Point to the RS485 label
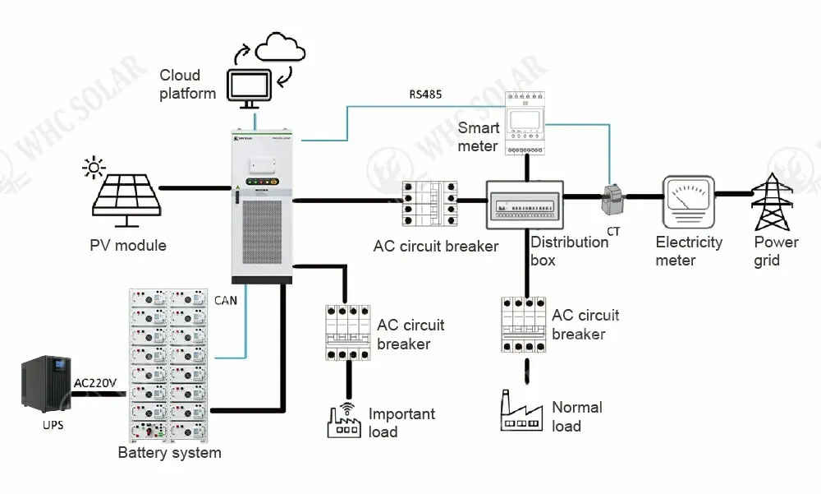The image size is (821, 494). point(425,95)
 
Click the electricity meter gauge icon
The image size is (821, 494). point(688,202)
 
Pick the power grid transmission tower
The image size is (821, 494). point(771,202)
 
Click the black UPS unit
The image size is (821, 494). point(45,382)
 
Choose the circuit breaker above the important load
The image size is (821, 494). point(347,331)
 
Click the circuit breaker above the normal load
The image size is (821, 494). point(523,325)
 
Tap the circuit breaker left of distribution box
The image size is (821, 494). point(429,203)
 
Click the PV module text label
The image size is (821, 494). point(128,245)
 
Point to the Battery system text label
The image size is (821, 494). point(169,452)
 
